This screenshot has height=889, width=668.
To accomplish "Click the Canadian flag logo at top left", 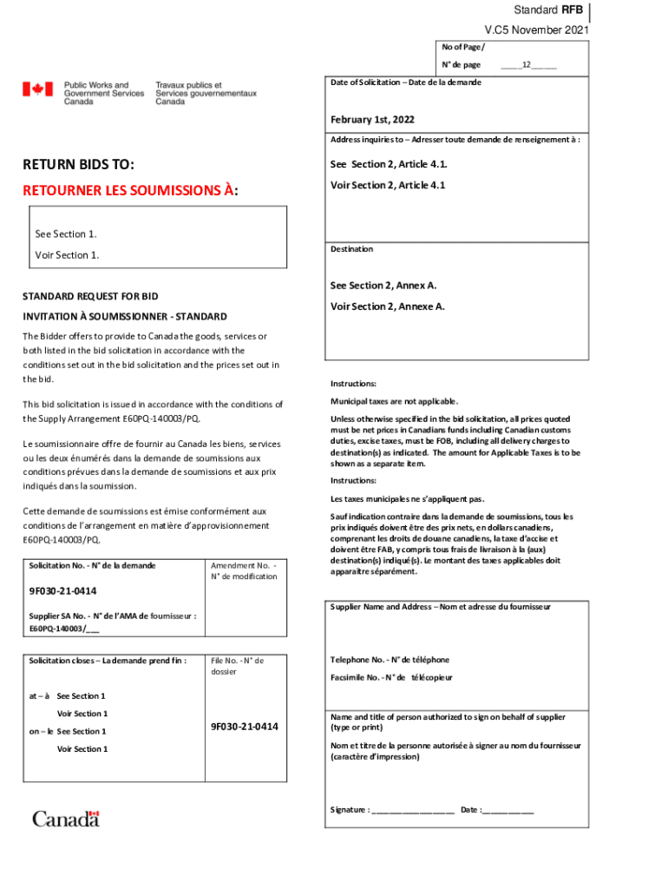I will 38,89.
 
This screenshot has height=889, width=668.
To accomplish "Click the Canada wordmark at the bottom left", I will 66,818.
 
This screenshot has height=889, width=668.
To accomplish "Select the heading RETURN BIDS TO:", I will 83,165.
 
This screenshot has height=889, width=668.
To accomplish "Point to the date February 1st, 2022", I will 371,119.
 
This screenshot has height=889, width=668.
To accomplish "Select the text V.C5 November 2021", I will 536,30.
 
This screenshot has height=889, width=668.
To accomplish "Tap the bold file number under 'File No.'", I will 244,726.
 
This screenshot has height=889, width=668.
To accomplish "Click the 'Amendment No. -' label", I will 242,565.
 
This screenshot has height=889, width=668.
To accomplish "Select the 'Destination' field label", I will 351,249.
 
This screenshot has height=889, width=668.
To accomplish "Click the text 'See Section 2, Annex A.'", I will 383,286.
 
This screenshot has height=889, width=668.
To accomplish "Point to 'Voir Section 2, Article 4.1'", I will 387,185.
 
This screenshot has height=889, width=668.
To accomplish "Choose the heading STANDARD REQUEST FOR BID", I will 91,296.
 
